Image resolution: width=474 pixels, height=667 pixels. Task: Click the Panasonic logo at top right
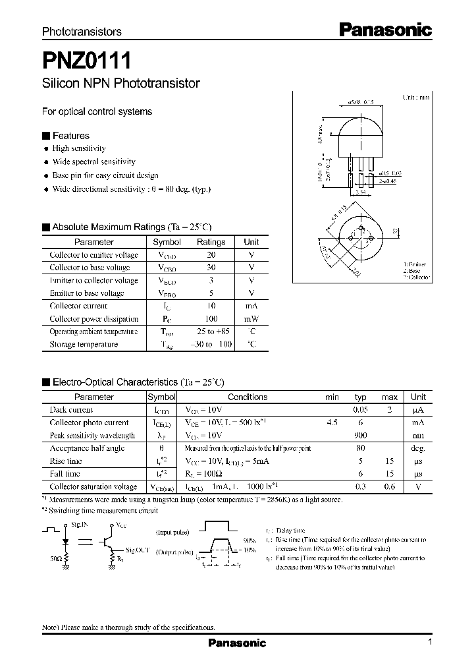(385, 29)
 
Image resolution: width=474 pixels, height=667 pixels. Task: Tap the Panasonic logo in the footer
(237, 643)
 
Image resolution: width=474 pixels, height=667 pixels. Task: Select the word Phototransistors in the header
(82, 32)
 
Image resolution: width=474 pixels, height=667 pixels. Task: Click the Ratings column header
(211, 242)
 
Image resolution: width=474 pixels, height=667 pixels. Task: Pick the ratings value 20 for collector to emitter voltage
(211, 255)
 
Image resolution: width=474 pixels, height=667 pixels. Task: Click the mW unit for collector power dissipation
(251, 319)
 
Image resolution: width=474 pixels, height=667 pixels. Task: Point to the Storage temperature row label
(84, 345)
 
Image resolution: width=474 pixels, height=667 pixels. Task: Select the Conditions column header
(248, 397)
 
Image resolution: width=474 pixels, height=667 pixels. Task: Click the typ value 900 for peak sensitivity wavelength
(360, 436)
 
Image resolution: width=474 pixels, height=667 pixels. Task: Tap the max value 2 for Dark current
(390, 410)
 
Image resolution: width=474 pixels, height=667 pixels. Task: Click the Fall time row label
(65, 474)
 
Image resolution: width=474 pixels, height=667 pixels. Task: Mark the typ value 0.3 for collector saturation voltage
(360, 487)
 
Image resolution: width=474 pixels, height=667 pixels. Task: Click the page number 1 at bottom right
(430, 643)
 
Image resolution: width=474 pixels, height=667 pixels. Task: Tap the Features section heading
(70, 136)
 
